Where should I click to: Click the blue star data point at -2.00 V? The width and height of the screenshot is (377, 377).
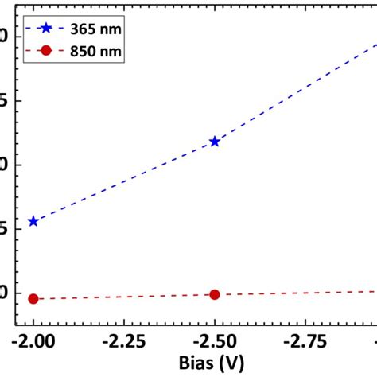point(33,221)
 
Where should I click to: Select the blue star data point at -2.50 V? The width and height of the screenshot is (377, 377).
point(214,142)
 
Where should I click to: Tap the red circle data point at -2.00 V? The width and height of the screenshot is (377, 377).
point(33,299)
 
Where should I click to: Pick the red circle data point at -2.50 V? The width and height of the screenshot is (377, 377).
point(214,294)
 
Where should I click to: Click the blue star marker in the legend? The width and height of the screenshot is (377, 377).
point(46,29)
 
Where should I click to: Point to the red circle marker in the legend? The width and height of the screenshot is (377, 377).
point(46,51)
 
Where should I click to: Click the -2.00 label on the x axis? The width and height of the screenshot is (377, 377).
point(33,340)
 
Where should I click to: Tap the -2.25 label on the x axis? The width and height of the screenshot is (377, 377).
point(123,340)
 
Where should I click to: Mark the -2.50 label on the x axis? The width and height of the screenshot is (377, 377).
point(214,340)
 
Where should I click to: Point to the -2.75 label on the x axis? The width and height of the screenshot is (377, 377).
point(305,340)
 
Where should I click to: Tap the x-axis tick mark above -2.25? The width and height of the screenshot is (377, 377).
point(123,322)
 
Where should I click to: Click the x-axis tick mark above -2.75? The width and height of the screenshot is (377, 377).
point(305,322)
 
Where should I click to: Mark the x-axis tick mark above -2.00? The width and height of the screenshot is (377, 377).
point(33,322)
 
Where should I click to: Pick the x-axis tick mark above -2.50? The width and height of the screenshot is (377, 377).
point(214,322)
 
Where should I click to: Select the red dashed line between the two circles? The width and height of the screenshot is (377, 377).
point(123,297)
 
